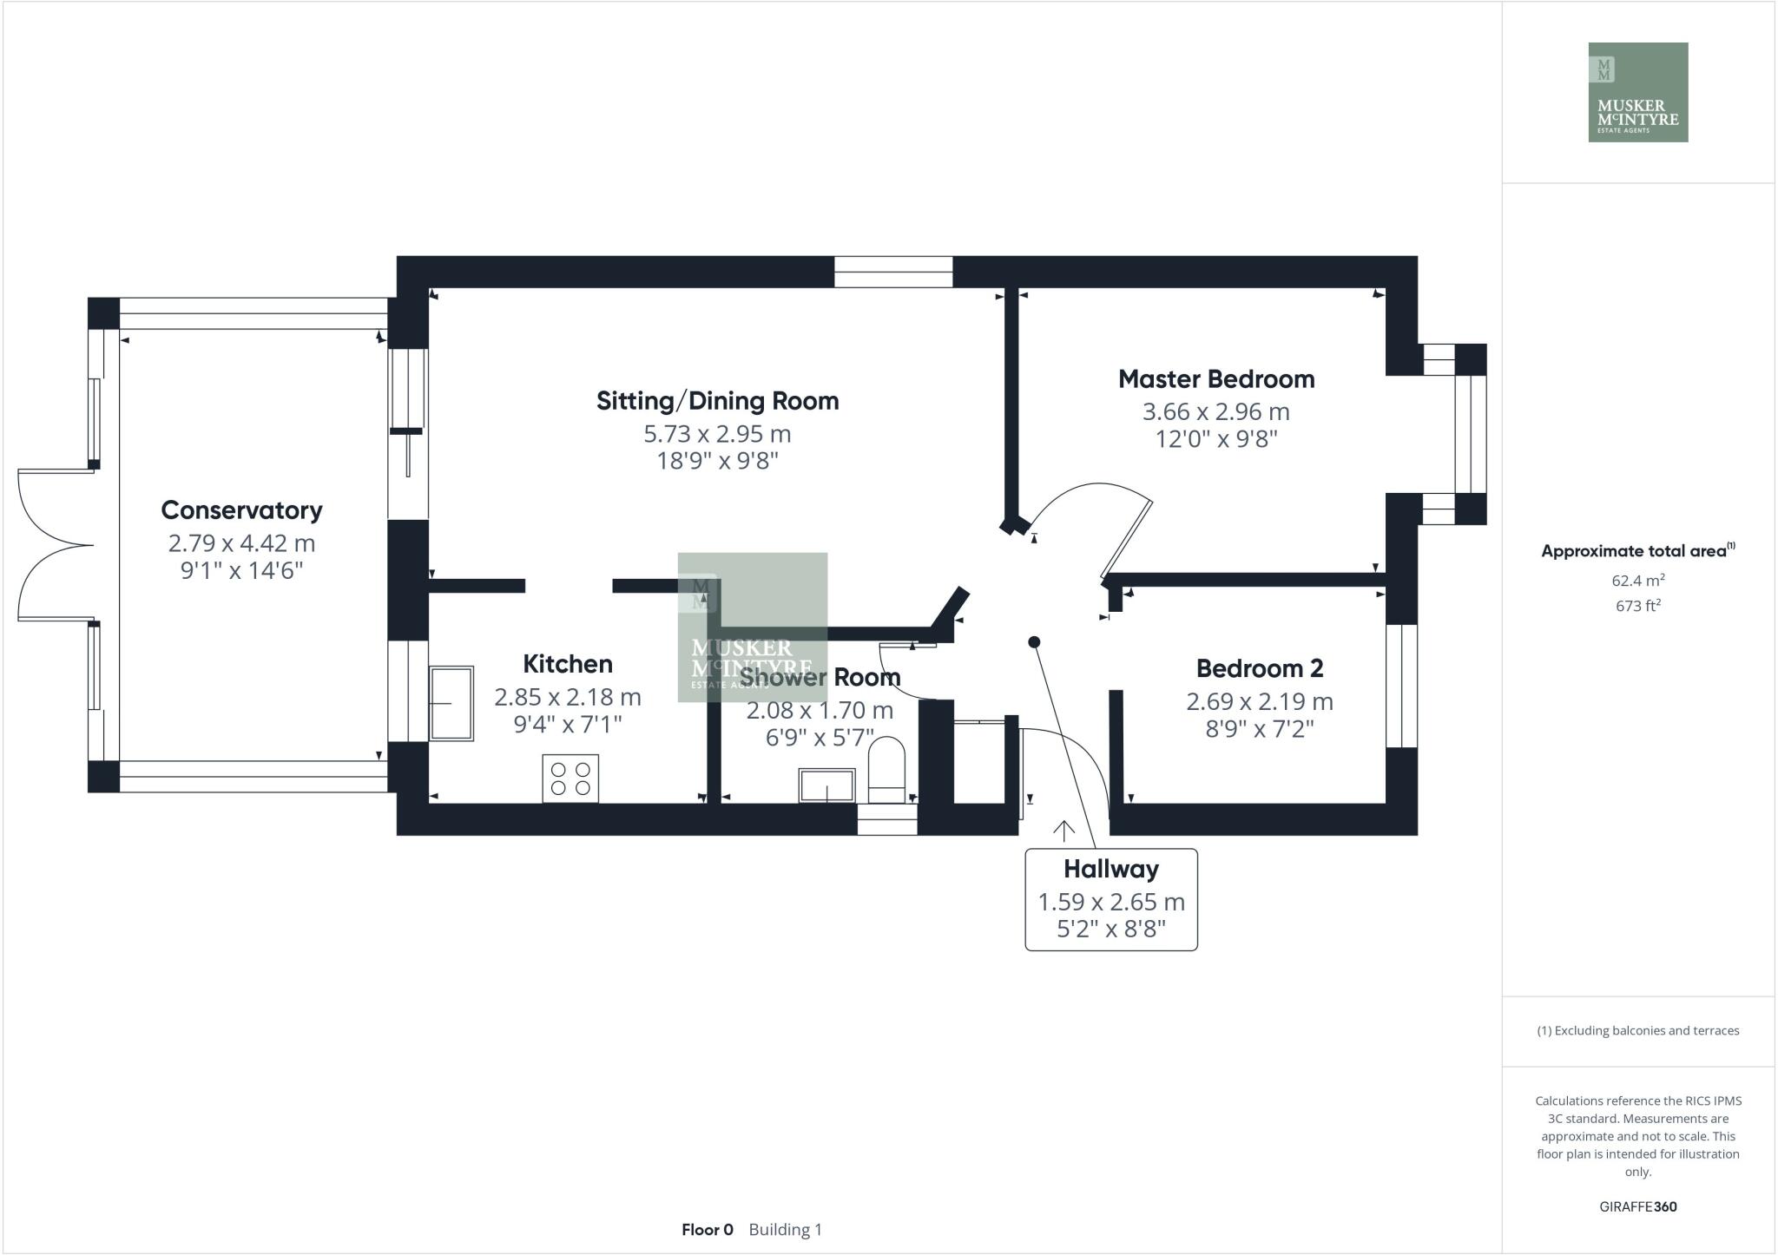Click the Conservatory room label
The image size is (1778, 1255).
241,510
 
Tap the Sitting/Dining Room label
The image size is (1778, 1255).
717,401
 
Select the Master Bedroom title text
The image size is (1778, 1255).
1215,379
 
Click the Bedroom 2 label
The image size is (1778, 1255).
1259,668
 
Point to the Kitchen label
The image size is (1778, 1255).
567,664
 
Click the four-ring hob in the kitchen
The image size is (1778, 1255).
570,779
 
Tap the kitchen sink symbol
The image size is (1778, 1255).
451,703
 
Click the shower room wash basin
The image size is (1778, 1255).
826,785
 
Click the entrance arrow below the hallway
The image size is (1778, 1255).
1064,831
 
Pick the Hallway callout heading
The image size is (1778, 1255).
1110,869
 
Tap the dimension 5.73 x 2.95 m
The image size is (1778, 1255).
717,434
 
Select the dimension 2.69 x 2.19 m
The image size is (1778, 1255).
1259,701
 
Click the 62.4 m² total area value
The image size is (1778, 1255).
1637,581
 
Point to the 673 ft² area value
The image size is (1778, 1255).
1637,606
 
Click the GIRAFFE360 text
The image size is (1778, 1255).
1637,1206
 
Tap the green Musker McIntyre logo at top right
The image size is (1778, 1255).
1637,92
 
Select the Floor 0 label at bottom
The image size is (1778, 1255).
707,1230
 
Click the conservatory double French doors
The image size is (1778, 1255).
55,545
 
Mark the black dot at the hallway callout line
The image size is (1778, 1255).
1034,642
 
